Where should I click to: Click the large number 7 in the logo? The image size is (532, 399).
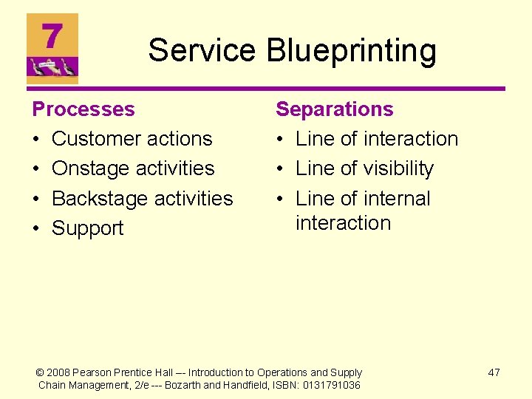click(52, 35)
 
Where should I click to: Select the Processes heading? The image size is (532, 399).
click(83, 109)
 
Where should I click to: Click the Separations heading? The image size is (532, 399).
click(334, 109)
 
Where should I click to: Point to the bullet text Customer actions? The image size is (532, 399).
click(132, 139)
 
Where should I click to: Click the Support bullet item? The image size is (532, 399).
click(88, 228)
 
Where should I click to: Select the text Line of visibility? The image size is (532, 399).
click(364, 168)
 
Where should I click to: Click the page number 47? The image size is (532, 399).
click(494, 372)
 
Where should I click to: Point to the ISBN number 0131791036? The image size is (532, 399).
click(332, 385)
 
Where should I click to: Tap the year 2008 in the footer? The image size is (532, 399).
click(59, 372)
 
